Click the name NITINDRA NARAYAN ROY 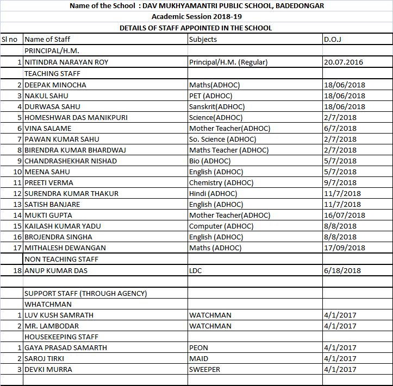(x=66, y=62)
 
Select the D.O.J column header (x=332, y=39)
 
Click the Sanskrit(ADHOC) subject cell (x=217, y=106)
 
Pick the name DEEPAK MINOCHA (x=55, y=85)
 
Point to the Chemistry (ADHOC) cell (x=221, y=182)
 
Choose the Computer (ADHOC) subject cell (x=221, y=226)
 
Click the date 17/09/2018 (x=345, y=248)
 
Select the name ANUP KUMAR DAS (x=56, y=270)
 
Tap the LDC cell (x=196, y=270)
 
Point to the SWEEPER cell (x=205, y=369)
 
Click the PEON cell (x=198, y=347)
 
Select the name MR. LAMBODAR (x=52, y=326)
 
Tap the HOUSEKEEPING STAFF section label (x=61, y=337)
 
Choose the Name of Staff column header (x=47, y=39)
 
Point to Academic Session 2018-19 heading (x=196, y=17)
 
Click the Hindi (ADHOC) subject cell (x=213, y=193)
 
